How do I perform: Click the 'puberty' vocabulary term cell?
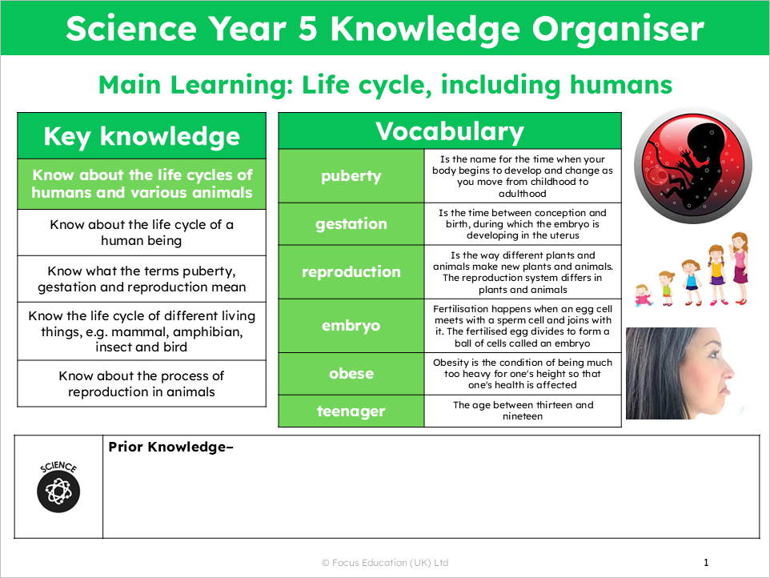pyautogui.click(x=351, y=176)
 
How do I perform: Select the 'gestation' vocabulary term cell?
pyautogui.click(x=351, y=224)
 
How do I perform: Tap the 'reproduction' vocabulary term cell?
pyautogui.click(x=351, y=272)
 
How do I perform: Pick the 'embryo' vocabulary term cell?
pyautogui.click(x=351, y=326)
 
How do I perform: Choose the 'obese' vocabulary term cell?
pyautogui.click(x=351, y=374)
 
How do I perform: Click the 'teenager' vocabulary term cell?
pyautogui.click(x=351, y=411)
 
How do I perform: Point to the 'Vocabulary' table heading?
pyautogui.click(x=449, y=131)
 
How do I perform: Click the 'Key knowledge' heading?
pyautogui.click(x=142, y=136)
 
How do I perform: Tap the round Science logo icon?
pyautogui.click(x=58, y=488)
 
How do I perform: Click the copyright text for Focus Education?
pyautogui.click(x=385, y=563)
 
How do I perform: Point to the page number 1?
pyautogui.click(x=706, y=562)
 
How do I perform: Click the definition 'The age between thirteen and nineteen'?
pyautogui.click(x=523, y=411)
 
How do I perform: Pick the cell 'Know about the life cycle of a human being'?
pyautogui.click(x=142, y=232)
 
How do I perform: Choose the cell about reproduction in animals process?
pyautogui.click(x=142, y=383)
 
